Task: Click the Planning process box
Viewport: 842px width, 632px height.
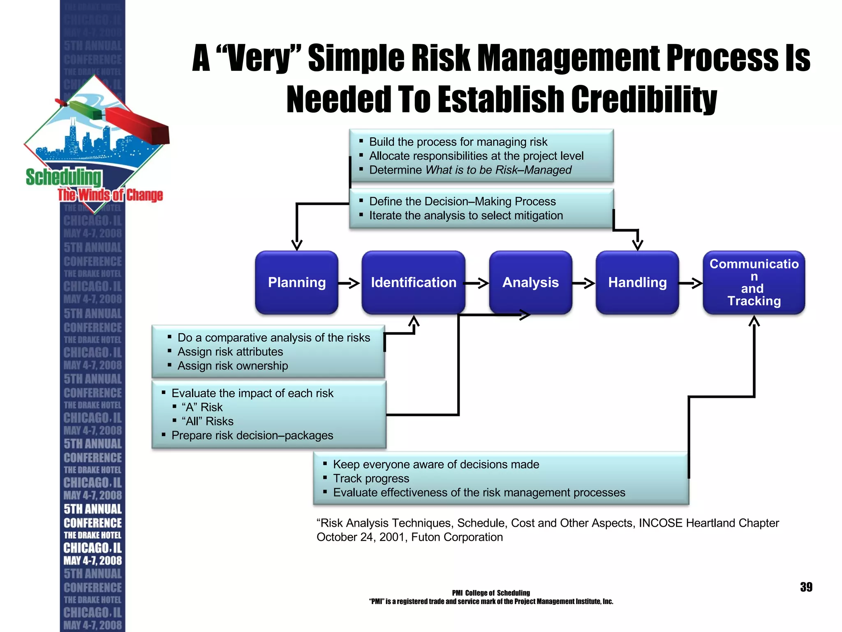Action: click(296, 283)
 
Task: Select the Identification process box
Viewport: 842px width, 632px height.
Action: click(413, 283)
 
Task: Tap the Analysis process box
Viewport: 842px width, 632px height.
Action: click(530, 283)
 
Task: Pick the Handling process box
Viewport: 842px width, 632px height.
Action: click(637, 283)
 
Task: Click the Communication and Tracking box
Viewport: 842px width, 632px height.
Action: click(754, 283)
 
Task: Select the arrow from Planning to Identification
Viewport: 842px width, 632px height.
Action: click(349, 283)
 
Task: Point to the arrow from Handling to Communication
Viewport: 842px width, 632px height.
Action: click(691, 283)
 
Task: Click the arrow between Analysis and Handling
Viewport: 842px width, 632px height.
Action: click(584, 283)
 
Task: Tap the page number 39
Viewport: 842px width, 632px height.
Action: click(806, 587)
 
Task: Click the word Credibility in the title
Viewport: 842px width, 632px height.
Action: click(644, 100)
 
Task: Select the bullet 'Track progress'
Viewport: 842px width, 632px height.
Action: click(371, 479)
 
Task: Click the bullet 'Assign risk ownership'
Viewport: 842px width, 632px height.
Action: click(233, 366)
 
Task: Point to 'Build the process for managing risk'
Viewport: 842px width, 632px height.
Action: click(458, 142)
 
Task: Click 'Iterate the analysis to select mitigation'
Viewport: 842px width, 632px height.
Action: click(466, 216)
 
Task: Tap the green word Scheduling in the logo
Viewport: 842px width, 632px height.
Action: click(64, 177)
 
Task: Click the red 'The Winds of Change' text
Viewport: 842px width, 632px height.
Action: click(110, 195)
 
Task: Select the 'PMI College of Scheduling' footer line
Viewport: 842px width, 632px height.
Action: click(491, 593)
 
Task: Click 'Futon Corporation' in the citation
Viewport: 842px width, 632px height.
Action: click(457, 537)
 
